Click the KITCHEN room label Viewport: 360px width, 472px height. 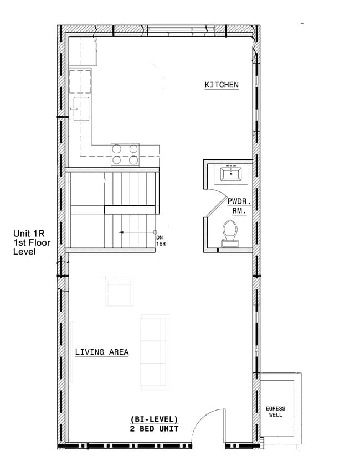222,85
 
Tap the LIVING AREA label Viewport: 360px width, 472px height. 102,352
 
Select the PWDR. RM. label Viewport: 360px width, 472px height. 236,207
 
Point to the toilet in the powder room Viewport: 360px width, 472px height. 229,232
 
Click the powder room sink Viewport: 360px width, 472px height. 230,174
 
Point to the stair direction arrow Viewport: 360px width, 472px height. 136,232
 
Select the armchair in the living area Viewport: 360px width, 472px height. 120,292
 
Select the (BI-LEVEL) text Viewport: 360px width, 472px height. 154,419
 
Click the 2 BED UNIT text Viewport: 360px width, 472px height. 155,428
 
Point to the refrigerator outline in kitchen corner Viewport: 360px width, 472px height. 83,51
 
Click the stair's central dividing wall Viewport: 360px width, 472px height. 130,209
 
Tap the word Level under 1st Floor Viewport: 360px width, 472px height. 25,252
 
